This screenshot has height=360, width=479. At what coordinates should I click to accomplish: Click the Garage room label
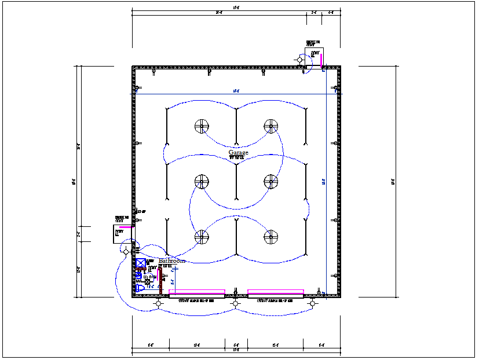(x=238, y=153)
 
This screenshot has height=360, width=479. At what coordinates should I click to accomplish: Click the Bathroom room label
(x=171, y=261)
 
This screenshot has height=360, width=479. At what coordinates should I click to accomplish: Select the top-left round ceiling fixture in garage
(x=201, y=126)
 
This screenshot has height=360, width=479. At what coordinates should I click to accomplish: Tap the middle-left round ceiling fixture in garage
(x=201, y=181)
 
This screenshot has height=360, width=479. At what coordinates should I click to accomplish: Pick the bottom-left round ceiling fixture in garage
(x=201, y=236)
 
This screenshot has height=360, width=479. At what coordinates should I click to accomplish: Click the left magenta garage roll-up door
(x=197, y=292)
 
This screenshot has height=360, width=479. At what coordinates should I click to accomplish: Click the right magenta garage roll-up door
(x=276, y=292)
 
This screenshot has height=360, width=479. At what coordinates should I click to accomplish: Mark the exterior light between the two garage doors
(x=235, y=303)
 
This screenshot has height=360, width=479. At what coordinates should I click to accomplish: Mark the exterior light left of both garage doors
(x=159, y=303)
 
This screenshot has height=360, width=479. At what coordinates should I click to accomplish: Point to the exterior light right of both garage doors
(x=312, y=303)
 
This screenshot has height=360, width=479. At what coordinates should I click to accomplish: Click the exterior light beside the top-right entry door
(x=300, y=60)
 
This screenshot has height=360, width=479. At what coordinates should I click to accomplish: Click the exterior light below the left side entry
(x=126, y=252)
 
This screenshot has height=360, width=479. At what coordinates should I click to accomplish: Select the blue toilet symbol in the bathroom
(x=140, y=288)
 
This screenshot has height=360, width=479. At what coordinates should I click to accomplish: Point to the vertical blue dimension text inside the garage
(x=324, y=182)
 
